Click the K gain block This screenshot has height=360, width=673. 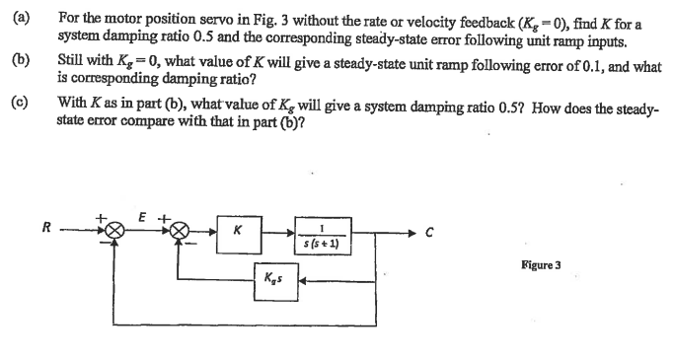point(238,233)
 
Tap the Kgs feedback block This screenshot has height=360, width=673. point(273,280)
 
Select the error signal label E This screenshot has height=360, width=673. point(144,213)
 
